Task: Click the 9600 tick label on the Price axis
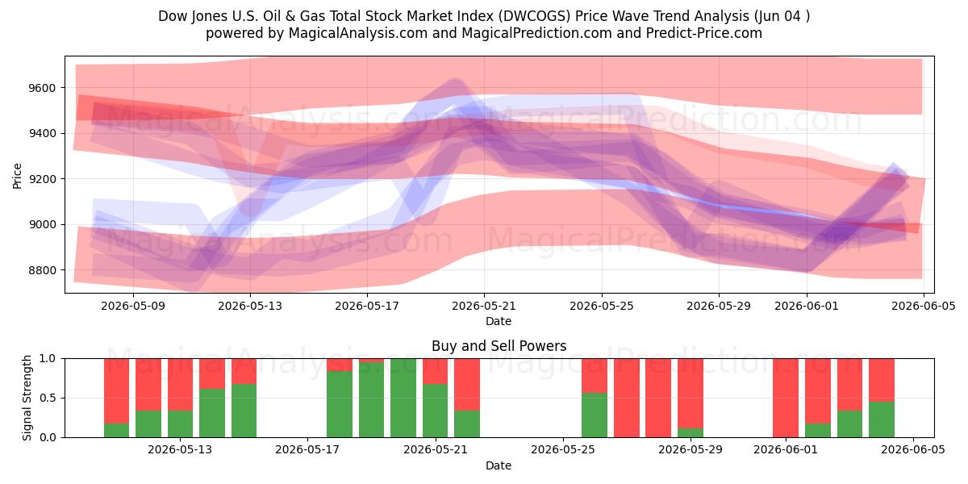(x=42, y=88)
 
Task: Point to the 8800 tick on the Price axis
(x=42, y=270)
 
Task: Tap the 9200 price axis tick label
(x=42, y=179)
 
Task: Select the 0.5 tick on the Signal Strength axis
(x=48, y=398)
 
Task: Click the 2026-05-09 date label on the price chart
(x=133, y=306)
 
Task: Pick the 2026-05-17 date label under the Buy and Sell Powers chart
(x=307, y=450)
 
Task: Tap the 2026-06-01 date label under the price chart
(x=807, y=306)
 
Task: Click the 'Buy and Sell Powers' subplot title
(x=499, y=346)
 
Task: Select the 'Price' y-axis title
(x=17, y=176)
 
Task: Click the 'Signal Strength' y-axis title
(x=27, y=398)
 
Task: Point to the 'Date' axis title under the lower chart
(x=499, y=465)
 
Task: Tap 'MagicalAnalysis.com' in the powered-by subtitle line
(x=358, y=33)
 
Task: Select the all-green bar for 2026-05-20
(x=403, y=398)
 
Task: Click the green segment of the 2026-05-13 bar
(x=180, y=424)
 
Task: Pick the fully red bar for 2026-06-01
(x=786, y=398)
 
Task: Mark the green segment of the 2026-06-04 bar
(x=882, y=419)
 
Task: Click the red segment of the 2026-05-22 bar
(x=467, y=385)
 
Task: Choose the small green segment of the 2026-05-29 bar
(x=691, y=432)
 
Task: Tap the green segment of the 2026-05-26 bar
(x=595, y=415)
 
